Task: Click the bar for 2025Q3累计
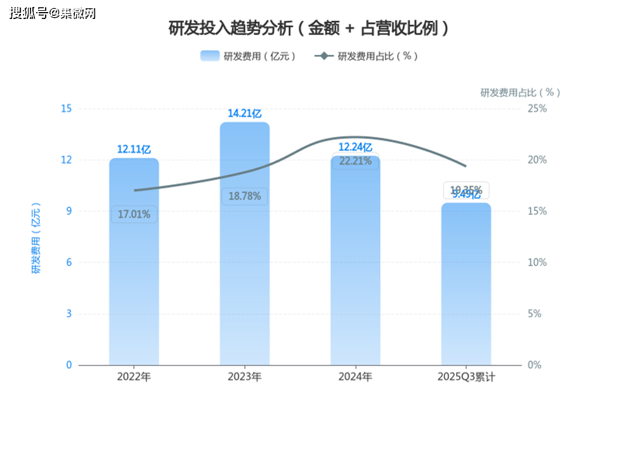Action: [466, 291]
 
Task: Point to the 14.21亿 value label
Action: [244, 114]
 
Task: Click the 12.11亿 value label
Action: [134, 150]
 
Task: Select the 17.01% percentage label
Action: [134, 214]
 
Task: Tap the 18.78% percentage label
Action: [244, 196]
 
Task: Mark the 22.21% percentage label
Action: [355, 161]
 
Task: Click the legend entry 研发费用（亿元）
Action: [249, 56]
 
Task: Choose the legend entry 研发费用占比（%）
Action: [367, 56]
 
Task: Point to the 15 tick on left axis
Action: [66, 108]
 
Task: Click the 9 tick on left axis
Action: [69, 211]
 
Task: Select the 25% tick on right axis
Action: [537, 108]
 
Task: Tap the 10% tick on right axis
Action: [537, 262]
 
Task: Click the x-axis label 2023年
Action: [244, 377]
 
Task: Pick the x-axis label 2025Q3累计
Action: [466, 377]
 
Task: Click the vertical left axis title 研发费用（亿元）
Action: [36, 238]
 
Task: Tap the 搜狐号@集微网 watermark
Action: [53, 13]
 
